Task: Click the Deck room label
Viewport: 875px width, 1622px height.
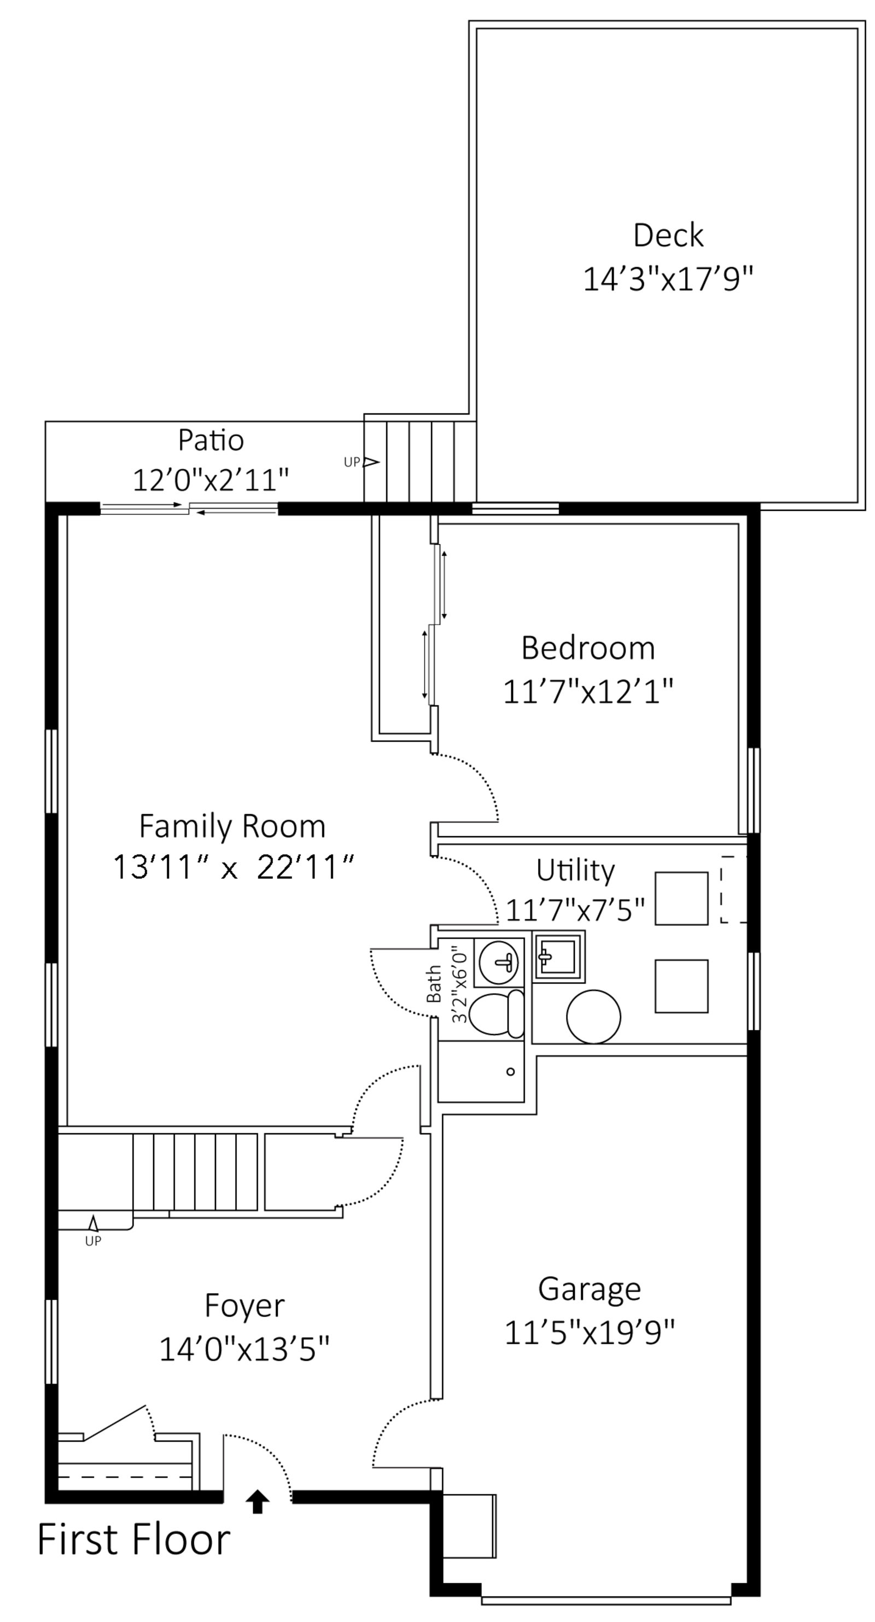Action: click(668, 236)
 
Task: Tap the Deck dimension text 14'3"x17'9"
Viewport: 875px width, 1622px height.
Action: click(668, 279)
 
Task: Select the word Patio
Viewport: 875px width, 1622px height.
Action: click(211, 440)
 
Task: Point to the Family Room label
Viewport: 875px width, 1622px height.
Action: click(232, 826)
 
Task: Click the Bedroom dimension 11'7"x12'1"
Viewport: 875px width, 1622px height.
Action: click(588, 691)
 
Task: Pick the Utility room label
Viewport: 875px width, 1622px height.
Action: click(575, 871)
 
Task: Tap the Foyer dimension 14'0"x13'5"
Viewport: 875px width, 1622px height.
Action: click(244, 1349)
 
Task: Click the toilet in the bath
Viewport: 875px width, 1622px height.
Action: click(497, 1014)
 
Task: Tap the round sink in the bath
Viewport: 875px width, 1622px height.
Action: click(499, 962)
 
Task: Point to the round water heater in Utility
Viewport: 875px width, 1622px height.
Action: click(593, 1016)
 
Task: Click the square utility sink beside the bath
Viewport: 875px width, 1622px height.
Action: click(559, 956)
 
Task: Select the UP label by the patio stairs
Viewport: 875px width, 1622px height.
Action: click(351, 462)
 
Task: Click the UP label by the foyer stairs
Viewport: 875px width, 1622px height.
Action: click(93, 1241)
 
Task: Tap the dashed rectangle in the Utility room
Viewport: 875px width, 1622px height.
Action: click(733, 890)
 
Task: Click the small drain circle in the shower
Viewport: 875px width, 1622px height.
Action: click(511, 1072)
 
